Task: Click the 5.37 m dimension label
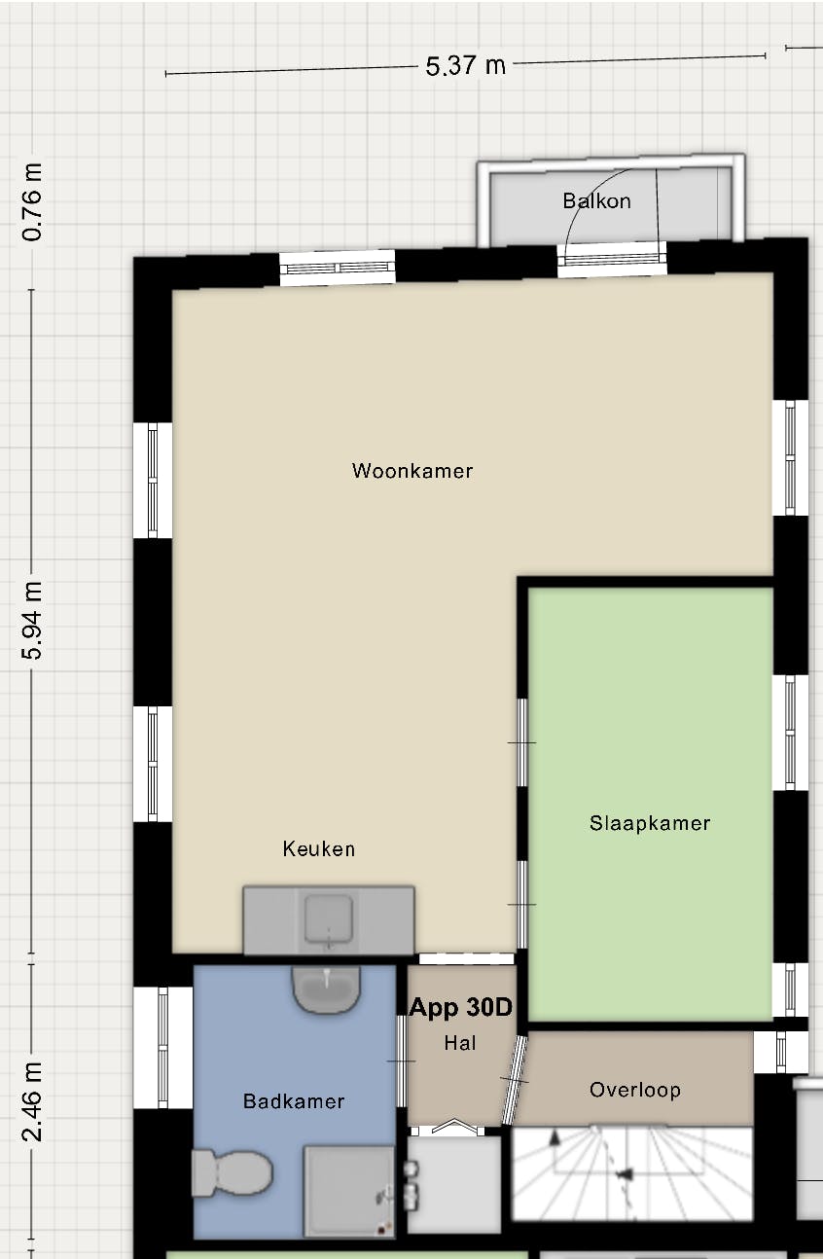[466, 65]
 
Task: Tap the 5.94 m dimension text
[33, 621]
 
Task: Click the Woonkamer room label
[412, 471]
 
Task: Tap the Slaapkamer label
[650, 823]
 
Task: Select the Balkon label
[596, 201]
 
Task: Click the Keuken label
[319, 848]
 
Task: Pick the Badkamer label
[294, 1101]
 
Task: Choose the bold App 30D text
[460, 1007]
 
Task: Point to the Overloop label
[635, 1090]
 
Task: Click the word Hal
[460, 1043]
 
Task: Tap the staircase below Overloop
[632, 1172]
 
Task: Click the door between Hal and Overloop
[514, 1080]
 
